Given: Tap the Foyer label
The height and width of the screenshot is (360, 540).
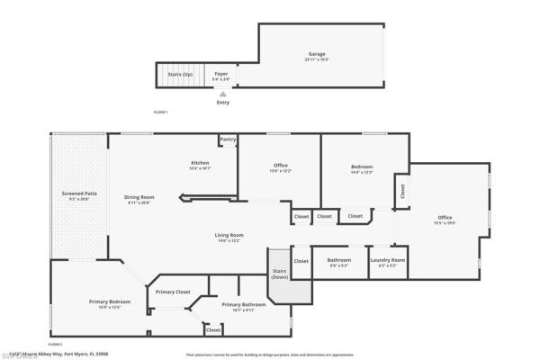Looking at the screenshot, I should point(220,74).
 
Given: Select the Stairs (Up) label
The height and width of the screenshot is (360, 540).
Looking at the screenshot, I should point(182,74).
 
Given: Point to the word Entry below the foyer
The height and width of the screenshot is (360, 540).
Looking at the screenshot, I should point(222,103).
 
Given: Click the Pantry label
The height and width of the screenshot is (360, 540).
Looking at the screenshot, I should point(228,139).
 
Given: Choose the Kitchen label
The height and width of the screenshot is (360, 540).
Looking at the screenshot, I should point(199,164).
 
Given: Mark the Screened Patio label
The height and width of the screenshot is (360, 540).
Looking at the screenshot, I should point(79,193).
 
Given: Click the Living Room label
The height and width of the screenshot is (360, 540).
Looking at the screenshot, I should point(229,236).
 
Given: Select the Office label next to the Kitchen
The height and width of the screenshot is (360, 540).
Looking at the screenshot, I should point(281,165).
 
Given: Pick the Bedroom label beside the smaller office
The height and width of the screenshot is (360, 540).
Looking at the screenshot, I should point(362,166).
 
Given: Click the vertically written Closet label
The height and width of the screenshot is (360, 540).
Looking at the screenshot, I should point(401,191).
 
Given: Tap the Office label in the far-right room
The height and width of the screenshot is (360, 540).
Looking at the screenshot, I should point(445,217).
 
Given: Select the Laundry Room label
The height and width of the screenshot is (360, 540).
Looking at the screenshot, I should point(388,260).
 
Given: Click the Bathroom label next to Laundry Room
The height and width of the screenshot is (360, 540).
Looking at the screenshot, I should point(338,260).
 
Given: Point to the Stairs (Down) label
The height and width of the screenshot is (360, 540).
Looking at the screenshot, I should point(279,273).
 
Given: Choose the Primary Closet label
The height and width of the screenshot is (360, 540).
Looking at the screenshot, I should point(172,292).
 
